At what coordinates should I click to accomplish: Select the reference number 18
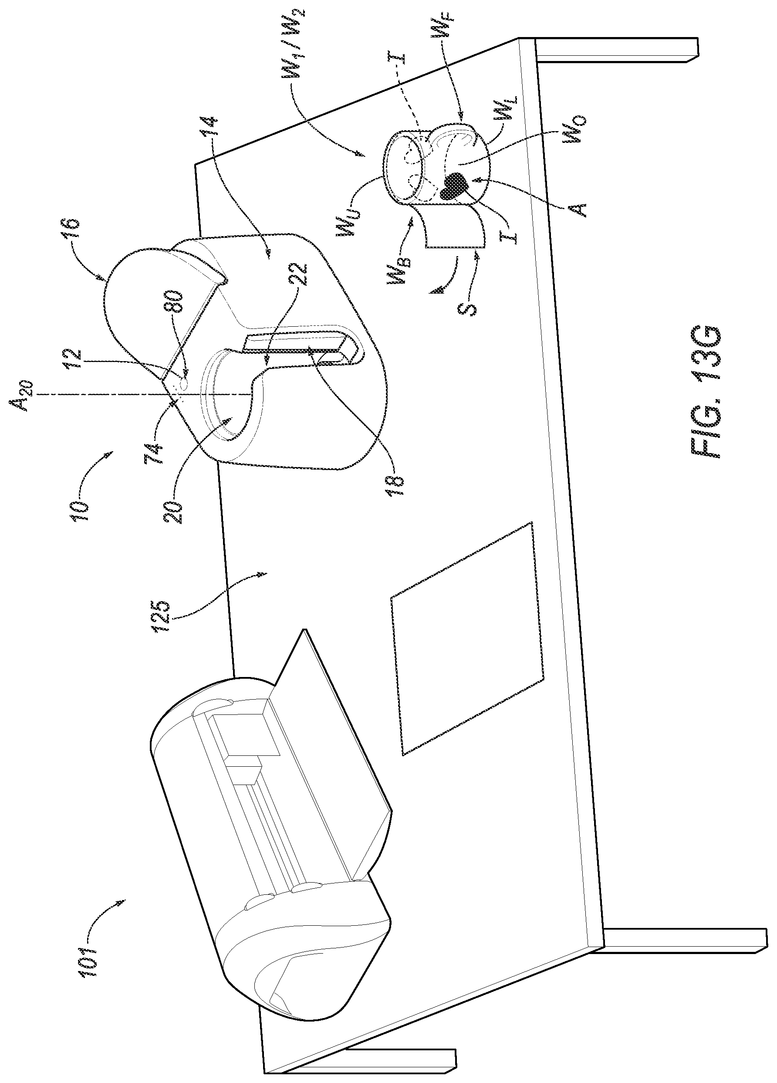coord(397,485)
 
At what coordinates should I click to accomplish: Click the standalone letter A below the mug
coord(579,209)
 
